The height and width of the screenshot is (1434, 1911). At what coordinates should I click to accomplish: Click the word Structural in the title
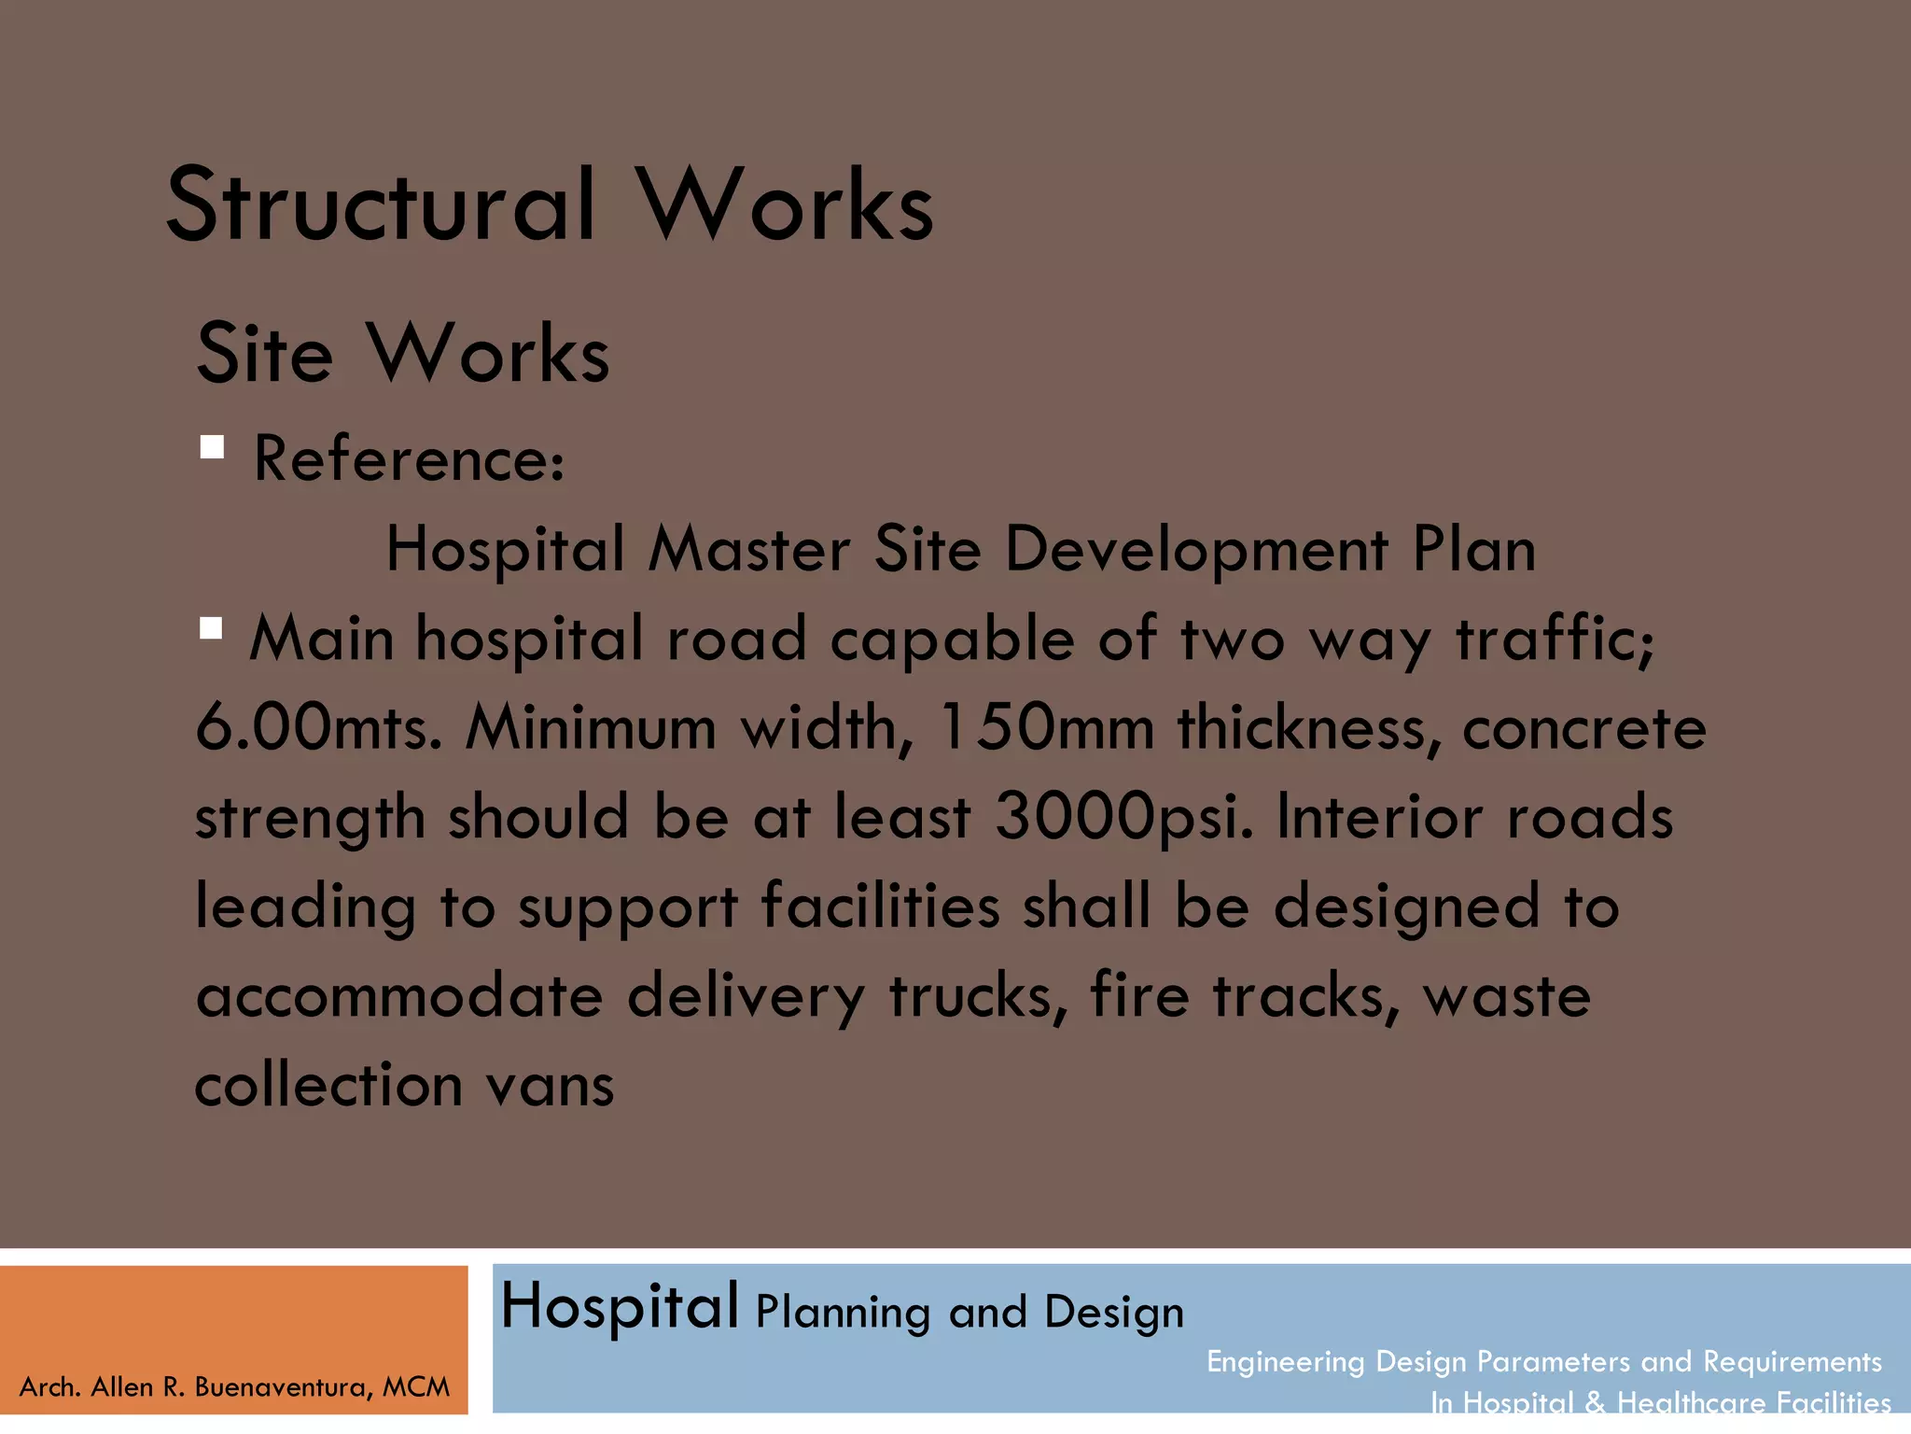(x=381, y=205)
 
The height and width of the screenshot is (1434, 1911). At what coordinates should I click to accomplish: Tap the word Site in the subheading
(x=265, y=355)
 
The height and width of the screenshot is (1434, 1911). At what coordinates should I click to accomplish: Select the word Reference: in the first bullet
(x=410, y=459)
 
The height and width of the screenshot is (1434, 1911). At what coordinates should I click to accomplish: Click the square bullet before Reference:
(x=212, y=447)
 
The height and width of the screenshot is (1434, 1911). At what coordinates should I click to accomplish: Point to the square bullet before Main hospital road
(x=211, y=628)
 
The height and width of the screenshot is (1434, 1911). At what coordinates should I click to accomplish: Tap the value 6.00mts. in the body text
(x=318, y=728)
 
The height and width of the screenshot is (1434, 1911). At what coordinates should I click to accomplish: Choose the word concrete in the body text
(x=1584, y=728)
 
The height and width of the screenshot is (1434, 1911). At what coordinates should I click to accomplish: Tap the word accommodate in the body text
(x=399, y=996)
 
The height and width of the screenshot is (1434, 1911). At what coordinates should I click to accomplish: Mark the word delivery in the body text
(x=746, y=998)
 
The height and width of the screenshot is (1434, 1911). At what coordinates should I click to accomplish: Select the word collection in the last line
(x=328, y=1086)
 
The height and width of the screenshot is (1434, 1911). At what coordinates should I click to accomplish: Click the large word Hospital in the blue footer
(x=620, y=1307)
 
